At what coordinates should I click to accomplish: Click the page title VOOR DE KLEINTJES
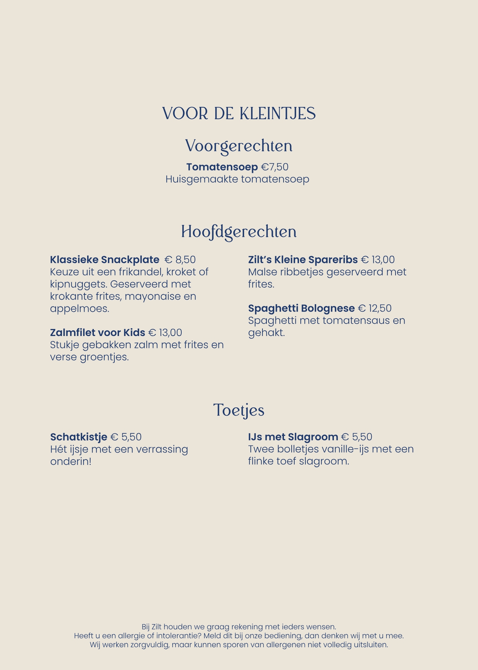(239, 114)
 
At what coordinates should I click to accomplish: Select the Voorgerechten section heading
(239, 146)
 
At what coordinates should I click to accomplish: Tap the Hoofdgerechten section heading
(239, 232)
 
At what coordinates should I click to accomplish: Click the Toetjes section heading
(239, 410)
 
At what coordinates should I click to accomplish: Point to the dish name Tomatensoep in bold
(222, 167)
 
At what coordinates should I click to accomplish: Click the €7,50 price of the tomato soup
(275, 167)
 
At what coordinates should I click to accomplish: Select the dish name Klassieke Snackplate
(105, 260)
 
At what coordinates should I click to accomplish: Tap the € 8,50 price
(180, 260)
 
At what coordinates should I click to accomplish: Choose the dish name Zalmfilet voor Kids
(98, 333)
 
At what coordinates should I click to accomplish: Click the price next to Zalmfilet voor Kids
(165, 333)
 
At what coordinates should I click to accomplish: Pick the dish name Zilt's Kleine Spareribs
(303, 260)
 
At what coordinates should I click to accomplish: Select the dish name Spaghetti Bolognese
(301, 308)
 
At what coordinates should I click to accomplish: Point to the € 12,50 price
(375, 308)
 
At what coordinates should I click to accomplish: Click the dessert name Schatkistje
(79, 437)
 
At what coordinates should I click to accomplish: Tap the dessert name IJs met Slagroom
(293, 437)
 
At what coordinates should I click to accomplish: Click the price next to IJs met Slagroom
(357, 437)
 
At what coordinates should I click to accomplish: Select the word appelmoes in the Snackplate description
(79, 309)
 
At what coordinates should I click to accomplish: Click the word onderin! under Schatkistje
(71, 462)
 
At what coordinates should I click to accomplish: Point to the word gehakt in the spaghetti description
(266, 333)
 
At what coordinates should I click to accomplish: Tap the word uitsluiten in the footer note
(371, 645)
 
